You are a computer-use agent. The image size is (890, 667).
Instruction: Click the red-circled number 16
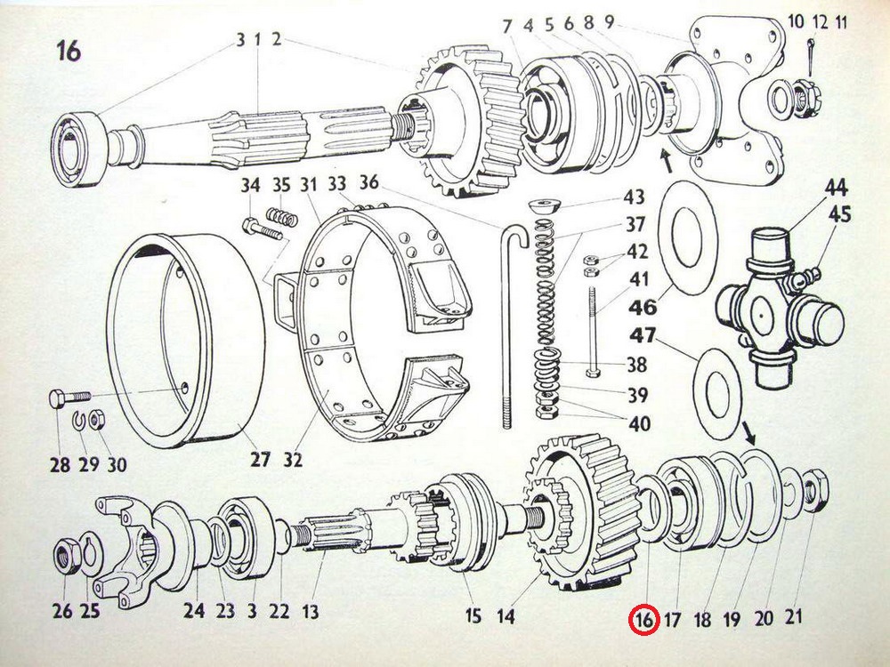click(643, 619)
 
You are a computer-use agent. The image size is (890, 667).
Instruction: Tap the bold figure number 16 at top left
click(69, 51)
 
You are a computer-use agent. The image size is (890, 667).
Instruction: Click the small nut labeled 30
click(98, 420)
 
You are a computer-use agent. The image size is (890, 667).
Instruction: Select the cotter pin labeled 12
click(810, 56)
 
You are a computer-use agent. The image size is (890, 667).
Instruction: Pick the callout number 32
click(294, 459)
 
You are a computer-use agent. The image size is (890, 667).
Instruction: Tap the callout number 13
click(311, 612)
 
